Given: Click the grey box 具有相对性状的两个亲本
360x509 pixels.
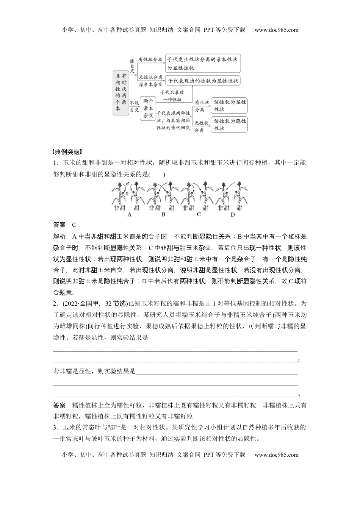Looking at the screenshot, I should (x=121, y=92).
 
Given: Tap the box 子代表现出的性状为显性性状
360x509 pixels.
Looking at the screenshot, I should (x=203, y=81).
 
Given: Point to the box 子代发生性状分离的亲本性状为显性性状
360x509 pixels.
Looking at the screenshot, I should (x=203, y=63).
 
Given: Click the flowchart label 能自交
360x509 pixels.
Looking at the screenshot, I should (x=132, y=65).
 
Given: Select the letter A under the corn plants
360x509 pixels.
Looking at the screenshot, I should (x=130, y=215).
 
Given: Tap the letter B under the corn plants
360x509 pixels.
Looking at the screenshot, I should (x=164, y=215).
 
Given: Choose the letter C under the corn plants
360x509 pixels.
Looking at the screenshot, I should (x=199, y=215).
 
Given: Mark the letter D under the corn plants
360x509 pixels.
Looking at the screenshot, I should (x=233, y=215).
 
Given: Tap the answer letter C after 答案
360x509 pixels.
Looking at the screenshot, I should (x=74, y=225).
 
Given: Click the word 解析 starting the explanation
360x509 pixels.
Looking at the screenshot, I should (x=59, y=236).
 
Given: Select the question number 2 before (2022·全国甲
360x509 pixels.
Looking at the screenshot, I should (x=55, y=303).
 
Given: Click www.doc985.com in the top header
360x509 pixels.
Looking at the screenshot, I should (x=277, y=30).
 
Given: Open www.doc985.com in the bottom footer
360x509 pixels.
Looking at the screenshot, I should (x=277, y=455).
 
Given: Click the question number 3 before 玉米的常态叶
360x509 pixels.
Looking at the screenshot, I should (x=55, y=428).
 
